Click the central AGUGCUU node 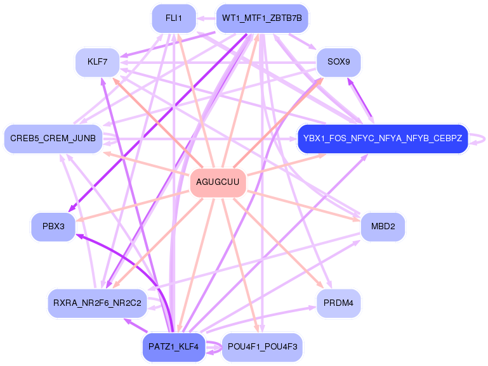point(218,182)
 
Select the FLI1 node point(173,18)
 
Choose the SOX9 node point(339,62)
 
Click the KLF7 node point(97,63)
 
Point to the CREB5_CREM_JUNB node point(53,138)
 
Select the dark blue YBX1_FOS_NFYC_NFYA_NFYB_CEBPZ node point(383,138)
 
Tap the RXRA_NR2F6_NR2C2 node point(98,303)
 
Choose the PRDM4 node point(339,303)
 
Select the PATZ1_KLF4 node point(174,347)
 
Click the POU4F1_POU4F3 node point(262,347)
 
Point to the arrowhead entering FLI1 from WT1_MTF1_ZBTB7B point(201,19)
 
